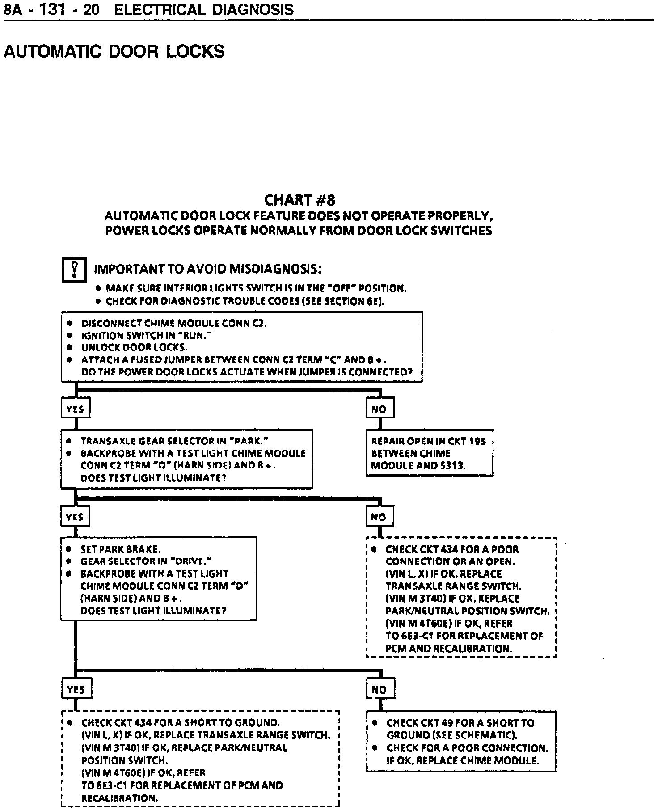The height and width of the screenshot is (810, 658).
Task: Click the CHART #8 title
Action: coord(299,199)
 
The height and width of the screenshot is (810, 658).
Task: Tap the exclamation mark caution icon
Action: coord(74,270)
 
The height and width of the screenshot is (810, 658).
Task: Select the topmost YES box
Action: coord(75,409)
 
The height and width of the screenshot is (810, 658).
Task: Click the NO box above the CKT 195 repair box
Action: coord(380,409)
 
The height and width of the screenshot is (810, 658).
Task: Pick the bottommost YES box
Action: coord(76,689)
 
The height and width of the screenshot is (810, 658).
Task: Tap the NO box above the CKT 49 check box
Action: coord(380,689)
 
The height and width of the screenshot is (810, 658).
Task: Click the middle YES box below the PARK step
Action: coord(75,517)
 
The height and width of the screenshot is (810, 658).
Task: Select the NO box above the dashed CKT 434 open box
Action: coord(379,517)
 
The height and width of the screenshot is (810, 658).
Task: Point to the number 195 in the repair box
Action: coord(477,442)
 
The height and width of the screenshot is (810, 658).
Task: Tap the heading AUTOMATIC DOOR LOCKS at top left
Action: coord(114,52)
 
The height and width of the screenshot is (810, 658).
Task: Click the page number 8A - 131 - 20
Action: coord(51,9)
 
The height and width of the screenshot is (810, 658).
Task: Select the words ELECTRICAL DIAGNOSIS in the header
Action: coord(204,9)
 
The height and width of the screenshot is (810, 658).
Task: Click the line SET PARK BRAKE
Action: coord(121,549)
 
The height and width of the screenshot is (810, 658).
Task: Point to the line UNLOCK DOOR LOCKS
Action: coord(134,347)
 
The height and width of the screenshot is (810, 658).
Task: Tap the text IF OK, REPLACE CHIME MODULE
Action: coord(463,761)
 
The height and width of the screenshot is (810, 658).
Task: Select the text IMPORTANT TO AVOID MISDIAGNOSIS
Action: coord(207,269)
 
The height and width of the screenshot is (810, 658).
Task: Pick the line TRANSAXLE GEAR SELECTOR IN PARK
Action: coord(174,441)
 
